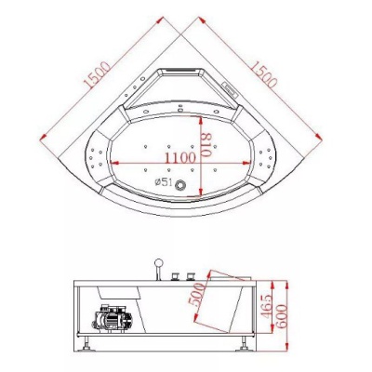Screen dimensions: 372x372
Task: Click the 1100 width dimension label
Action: click(x=179, y=158)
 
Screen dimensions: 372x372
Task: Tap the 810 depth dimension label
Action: click(x=206, y=145)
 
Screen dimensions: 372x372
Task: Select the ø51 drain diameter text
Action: click(x=164, y=182)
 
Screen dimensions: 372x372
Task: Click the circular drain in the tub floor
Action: click(x=179, y=185)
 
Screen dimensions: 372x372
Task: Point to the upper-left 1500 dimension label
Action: click(x=97, y=75)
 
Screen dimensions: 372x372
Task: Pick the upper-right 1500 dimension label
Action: click(x=263, y=74)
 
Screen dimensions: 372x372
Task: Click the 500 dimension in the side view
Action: click(x=197, y=295)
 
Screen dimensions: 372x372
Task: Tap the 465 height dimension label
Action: click(x=266, y=306)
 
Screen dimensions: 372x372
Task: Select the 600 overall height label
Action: click(x=282, y=316)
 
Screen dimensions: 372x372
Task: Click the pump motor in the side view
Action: click(x=113, y=318)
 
